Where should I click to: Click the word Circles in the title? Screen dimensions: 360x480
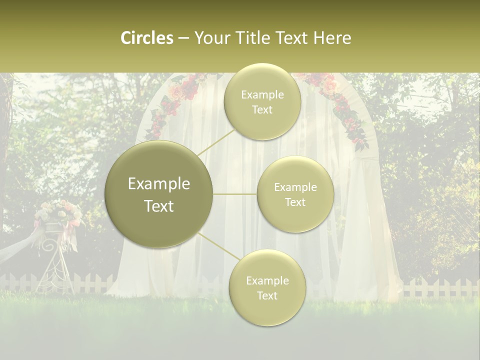(x=146, y=38)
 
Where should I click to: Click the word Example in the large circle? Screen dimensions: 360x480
(x=159, y=184)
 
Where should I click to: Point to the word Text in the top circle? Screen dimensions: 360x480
(x=262, y=110)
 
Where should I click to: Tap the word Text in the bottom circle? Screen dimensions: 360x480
(x=267, y=295)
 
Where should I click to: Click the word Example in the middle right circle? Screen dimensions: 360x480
(x=295, y=187)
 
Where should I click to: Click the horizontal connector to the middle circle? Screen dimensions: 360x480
(x=235, y=194)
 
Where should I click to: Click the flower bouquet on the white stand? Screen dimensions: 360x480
(x=59, y=212)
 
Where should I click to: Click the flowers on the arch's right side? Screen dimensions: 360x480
(x=345, y=110)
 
